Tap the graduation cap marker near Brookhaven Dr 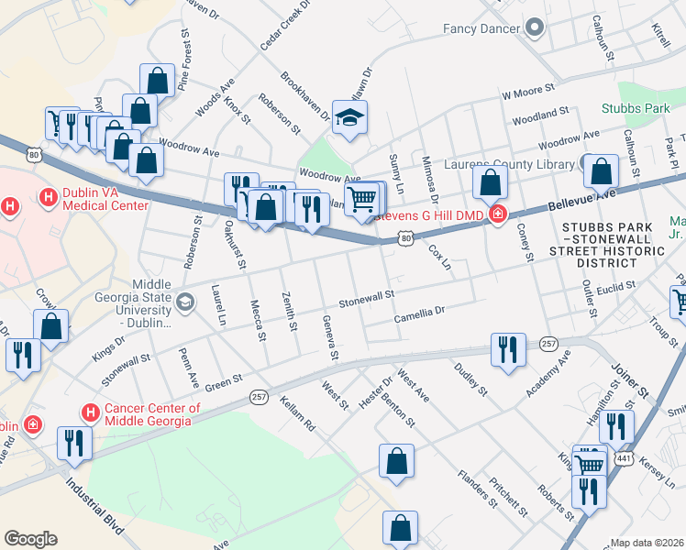(349, 117)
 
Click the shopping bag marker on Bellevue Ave (492, 182)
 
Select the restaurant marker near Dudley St (507, 350)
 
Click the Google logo (30, 539)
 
